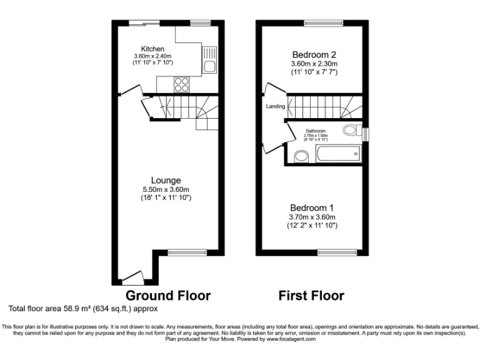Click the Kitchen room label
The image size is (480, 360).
pos(152,49)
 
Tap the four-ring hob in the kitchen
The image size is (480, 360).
pos(182,83)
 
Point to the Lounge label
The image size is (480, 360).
pos(166,180)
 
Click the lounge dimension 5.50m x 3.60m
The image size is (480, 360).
pos(166,189)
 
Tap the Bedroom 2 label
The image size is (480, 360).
pos(314,54)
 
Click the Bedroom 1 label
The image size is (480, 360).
pos(312,207)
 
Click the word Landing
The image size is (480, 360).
pos(275,106)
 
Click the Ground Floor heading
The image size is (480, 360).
pos(168,295)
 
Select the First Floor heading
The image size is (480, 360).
pos(311,295)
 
